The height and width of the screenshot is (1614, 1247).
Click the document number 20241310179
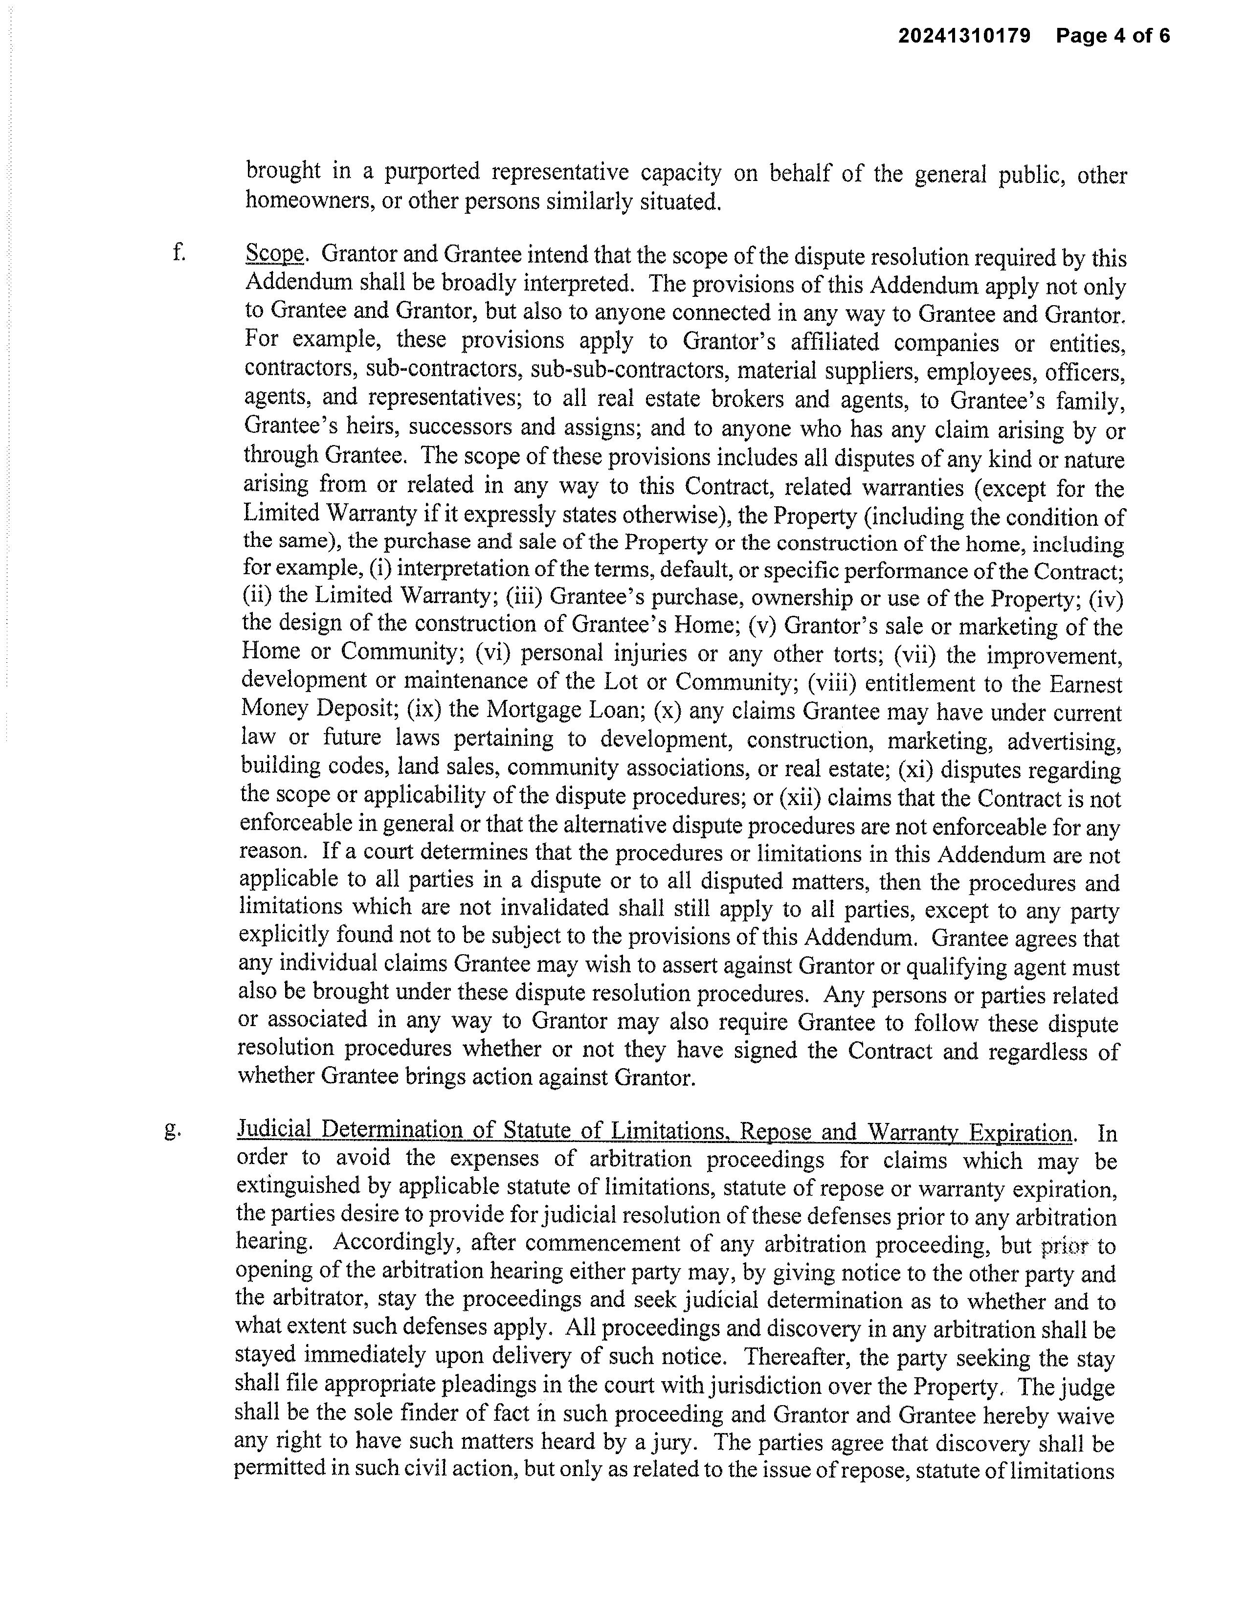pos(963,36)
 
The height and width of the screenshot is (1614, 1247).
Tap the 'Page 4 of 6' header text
pos(1113,36)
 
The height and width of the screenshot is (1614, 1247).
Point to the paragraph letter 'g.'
pos(173,1130)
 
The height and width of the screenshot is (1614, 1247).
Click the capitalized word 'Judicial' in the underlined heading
pos(274,1130)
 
